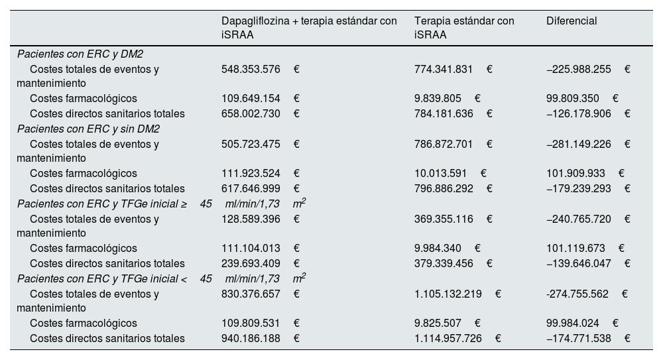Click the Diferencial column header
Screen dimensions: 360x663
572,21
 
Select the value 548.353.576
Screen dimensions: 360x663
251,69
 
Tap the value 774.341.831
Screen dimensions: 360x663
444,69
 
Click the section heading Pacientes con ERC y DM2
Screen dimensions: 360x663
89,54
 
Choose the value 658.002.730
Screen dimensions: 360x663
251,114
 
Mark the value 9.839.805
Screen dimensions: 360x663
438,99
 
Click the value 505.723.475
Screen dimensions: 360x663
251,144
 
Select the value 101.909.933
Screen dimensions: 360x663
575,174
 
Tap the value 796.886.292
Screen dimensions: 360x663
444,188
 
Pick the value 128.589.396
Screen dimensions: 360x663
251,219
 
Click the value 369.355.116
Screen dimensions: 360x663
444,219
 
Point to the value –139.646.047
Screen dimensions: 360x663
577,263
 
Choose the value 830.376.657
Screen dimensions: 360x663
251,294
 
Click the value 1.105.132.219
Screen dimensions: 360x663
448,294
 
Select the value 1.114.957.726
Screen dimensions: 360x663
448,339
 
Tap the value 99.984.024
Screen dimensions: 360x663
573,324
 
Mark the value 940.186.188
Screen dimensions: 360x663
251,339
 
